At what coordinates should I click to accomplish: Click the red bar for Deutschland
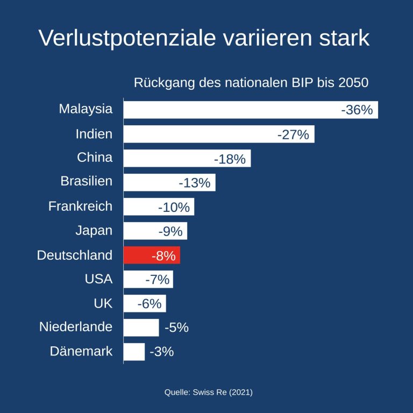click(x=152, y=255)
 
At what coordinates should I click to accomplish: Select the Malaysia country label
click(x=86, y=109)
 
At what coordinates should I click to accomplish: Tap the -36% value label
click(x=357, y=110)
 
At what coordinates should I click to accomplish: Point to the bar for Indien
click(x=218, y=134)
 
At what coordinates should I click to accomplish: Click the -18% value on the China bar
click(x=230, y=159)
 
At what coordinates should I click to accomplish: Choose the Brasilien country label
click(x=87, y=181)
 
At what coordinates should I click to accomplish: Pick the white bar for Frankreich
click(x=159, y=207)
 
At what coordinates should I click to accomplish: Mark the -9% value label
click(x=170, y=232)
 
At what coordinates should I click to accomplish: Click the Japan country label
click(x=94, y=231)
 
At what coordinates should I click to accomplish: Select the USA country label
click(x=98, y=279)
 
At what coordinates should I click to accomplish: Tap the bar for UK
click(x=145, y=304)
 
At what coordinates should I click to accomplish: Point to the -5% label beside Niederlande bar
click(x=176, y=327)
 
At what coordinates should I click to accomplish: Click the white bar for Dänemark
click(x=134, y=352)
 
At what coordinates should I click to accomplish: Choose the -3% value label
click(x=162, y=352)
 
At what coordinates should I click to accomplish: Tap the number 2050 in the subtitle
click(x=353, y=83)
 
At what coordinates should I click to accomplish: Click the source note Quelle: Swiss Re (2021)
click(x=209, y=393)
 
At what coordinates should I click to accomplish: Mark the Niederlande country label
click(x=76, y=326)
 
